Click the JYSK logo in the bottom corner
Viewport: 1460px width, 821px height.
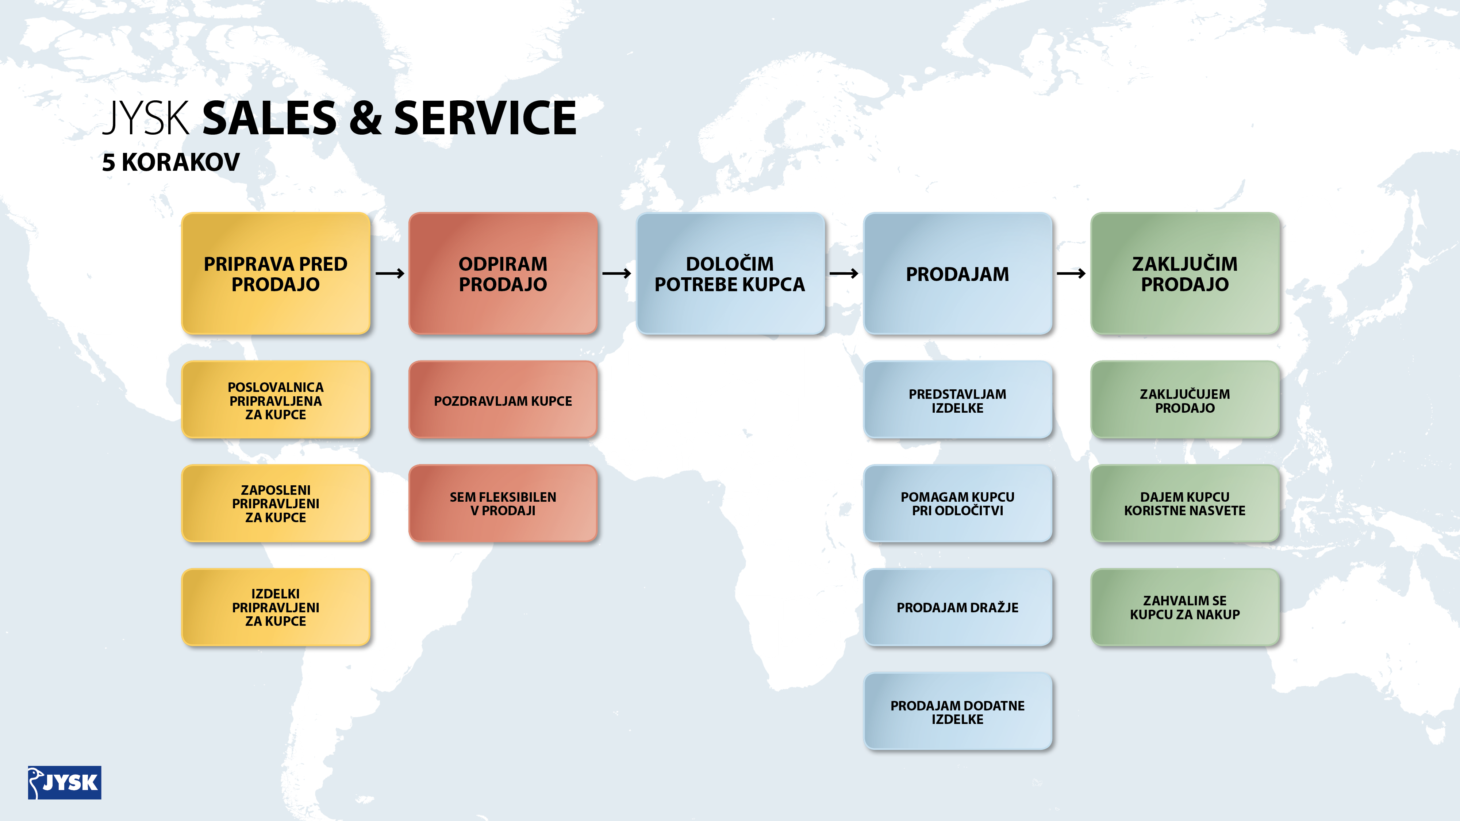(x=65, y=782)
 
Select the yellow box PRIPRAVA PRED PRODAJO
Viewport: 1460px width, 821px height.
(x=276, y=273)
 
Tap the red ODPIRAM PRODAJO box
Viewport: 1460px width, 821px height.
(x=503, y=273)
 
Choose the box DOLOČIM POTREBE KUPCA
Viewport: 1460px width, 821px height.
(x=730, y=273)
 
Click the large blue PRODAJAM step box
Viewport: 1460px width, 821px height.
(x=957, y=273)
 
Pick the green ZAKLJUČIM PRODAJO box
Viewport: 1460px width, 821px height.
(x=1184, y=273)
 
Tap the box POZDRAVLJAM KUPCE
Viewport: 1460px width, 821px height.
(x=503, y=400)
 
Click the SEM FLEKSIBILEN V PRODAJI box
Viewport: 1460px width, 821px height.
(x=503, y=504)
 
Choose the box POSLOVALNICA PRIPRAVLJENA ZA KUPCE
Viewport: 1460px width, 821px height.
(x=276, y=400)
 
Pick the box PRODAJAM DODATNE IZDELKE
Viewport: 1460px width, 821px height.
(x=957, y=712)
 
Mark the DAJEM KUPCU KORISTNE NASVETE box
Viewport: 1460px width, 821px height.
(x=1184, y=504)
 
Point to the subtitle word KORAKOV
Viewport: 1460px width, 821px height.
(x=181, y=163)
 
